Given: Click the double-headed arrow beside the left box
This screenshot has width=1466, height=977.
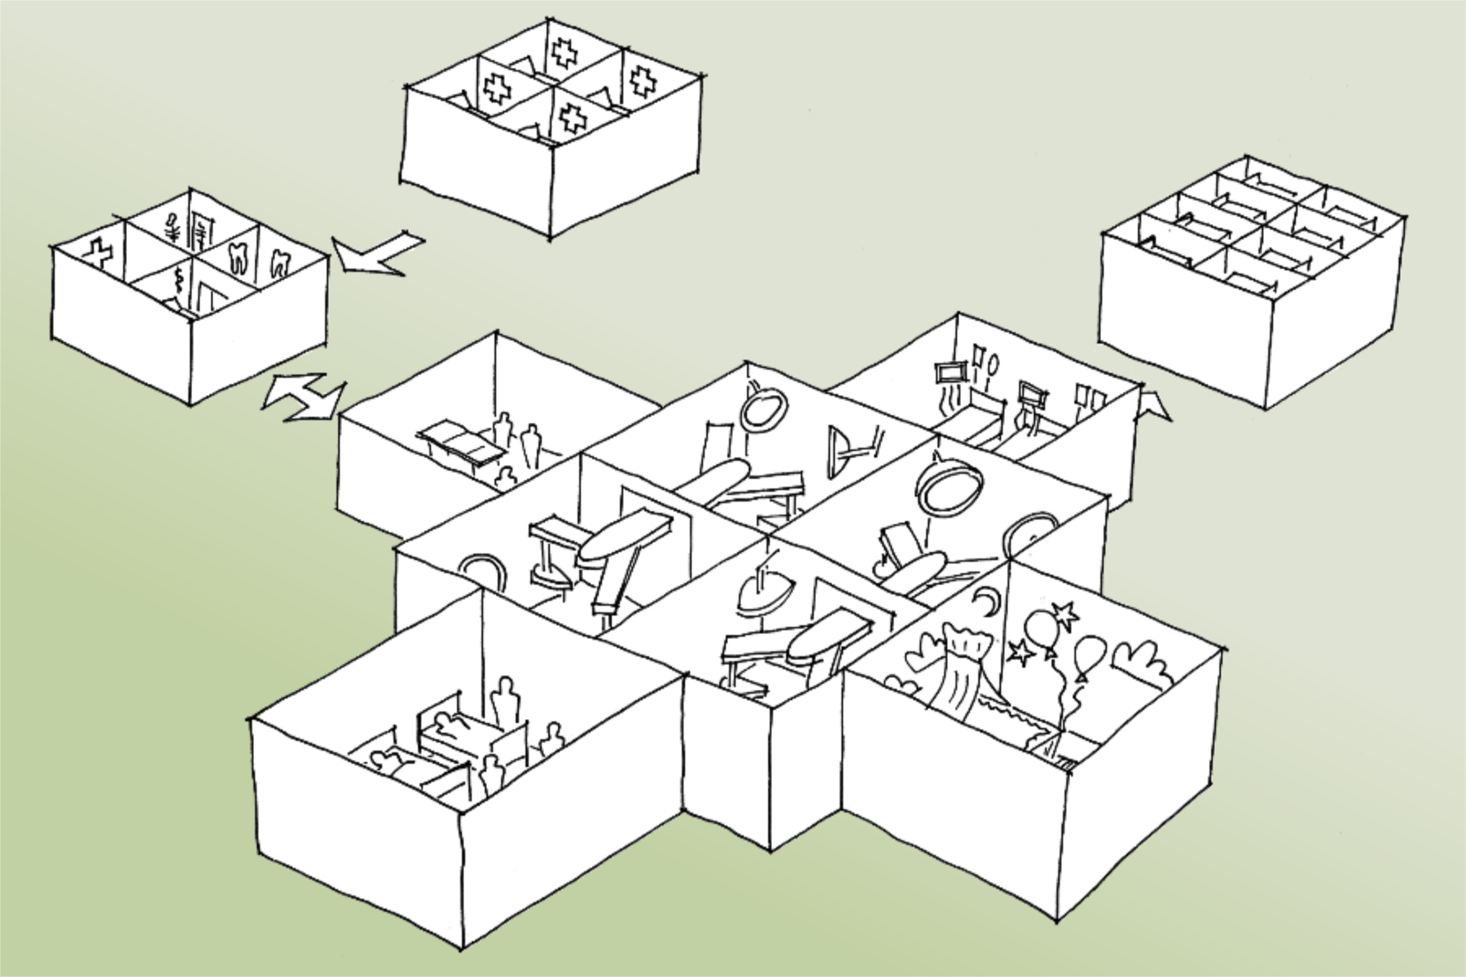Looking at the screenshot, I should [302, 396].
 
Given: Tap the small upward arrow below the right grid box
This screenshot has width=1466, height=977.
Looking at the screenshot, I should [1153, 405].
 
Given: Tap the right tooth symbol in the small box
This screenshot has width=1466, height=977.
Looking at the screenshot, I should [279, 263].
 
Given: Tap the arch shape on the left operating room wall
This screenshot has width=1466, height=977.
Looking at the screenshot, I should [485, 569].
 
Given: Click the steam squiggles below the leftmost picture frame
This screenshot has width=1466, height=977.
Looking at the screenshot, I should [945, 401].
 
